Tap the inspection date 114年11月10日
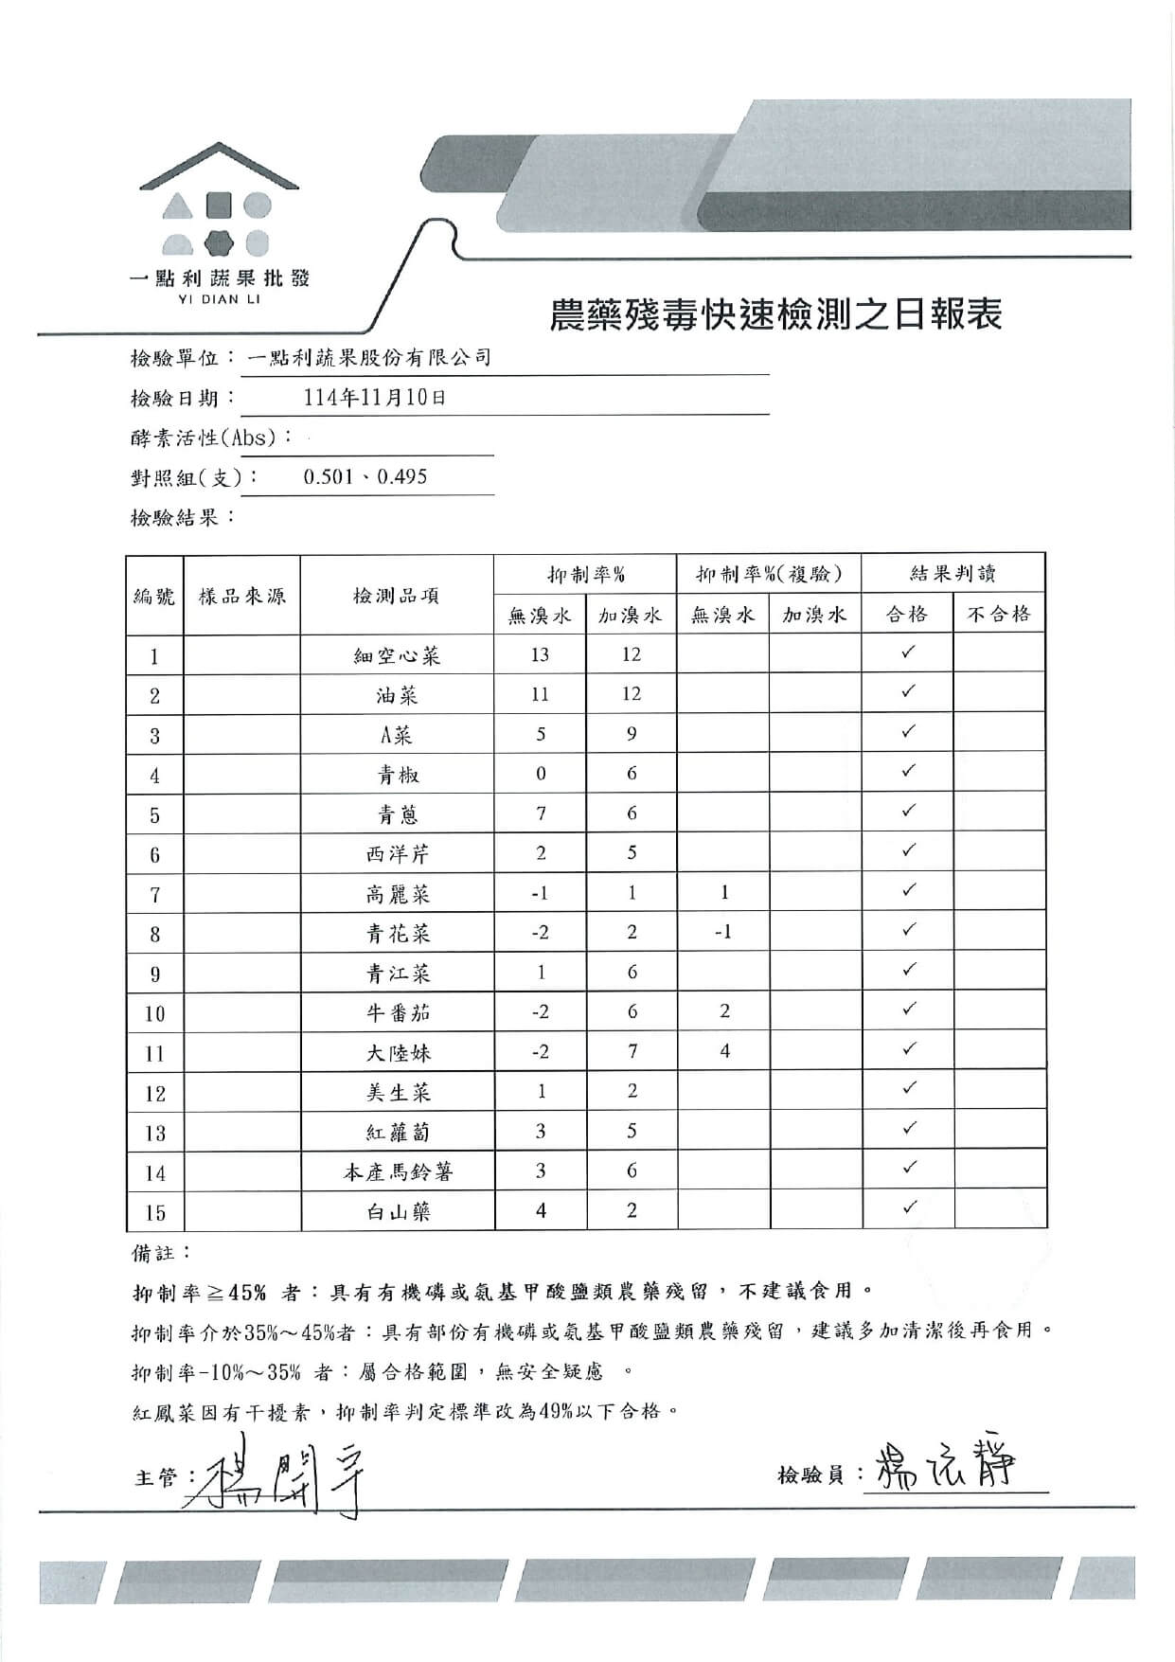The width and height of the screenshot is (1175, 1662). (375, 398)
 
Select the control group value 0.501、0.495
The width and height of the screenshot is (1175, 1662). (365, 476)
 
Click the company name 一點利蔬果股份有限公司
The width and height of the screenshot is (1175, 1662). (368, 358)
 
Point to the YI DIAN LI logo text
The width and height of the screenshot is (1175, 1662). (219, 299)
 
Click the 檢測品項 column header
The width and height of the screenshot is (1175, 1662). (396, 596)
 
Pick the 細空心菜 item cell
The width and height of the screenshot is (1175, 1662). (397, 655)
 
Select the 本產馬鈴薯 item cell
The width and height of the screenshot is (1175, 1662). (398, 1172)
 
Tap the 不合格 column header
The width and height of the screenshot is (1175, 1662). (998, 615)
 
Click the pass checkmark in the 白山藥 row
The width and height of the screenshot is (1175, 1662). (908, 1207)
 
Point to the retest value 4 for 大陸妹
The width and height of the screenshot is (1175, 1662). (724, 1050)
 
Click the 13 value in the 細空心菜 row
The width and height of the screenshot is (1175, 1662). (540, 654)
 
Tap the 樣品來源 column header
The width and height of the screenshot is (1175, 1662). (241, 596)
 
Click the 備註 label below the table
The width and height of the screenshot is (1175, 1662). (154, 1253)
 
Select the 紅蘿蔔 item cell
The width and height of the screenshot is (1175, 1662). (398, 1133)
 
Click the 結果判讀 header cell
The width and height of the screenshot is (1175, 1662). (952, 574)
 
